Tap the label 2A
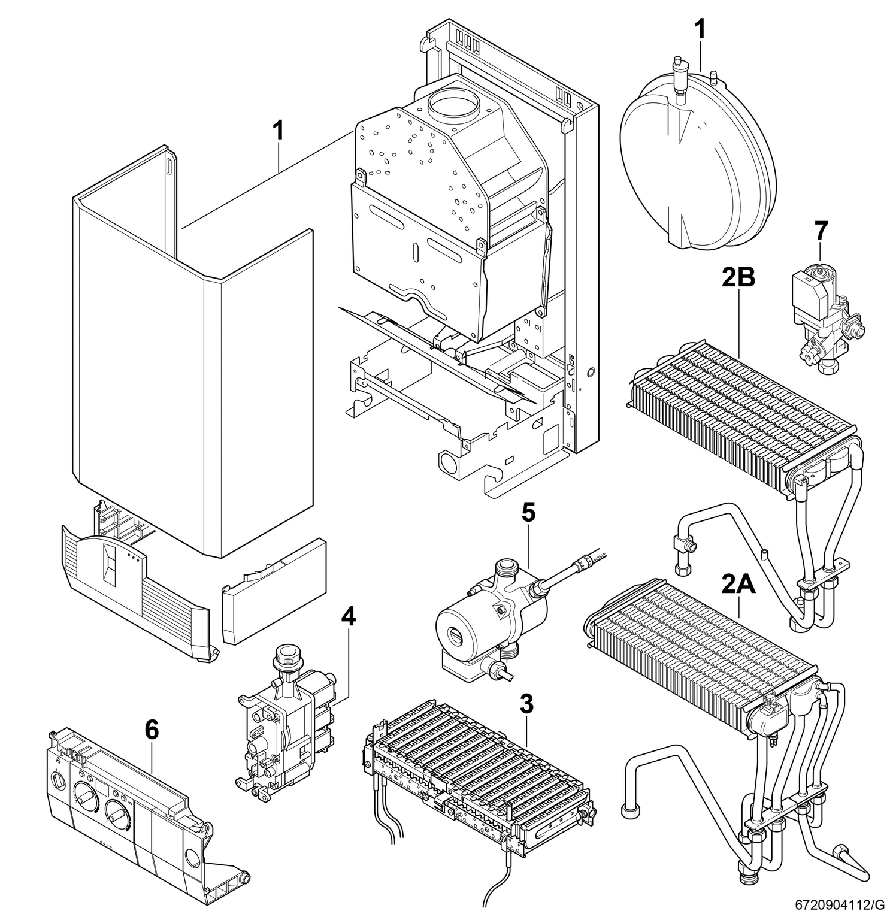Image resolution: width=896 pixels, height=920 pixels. click(738, 583)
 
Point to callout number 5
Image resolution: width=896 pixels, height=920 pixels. click(528, 513)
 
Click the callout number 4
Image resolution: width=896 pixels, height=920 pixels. click(348, 617)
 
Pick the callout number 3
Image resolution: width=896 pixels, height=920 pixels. click(526, 704)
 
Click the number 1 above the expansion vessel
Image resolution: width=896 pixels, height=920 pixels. click(700, 28)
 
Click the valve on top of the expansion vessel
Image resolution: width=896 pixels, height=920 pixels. click(679, 75)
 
